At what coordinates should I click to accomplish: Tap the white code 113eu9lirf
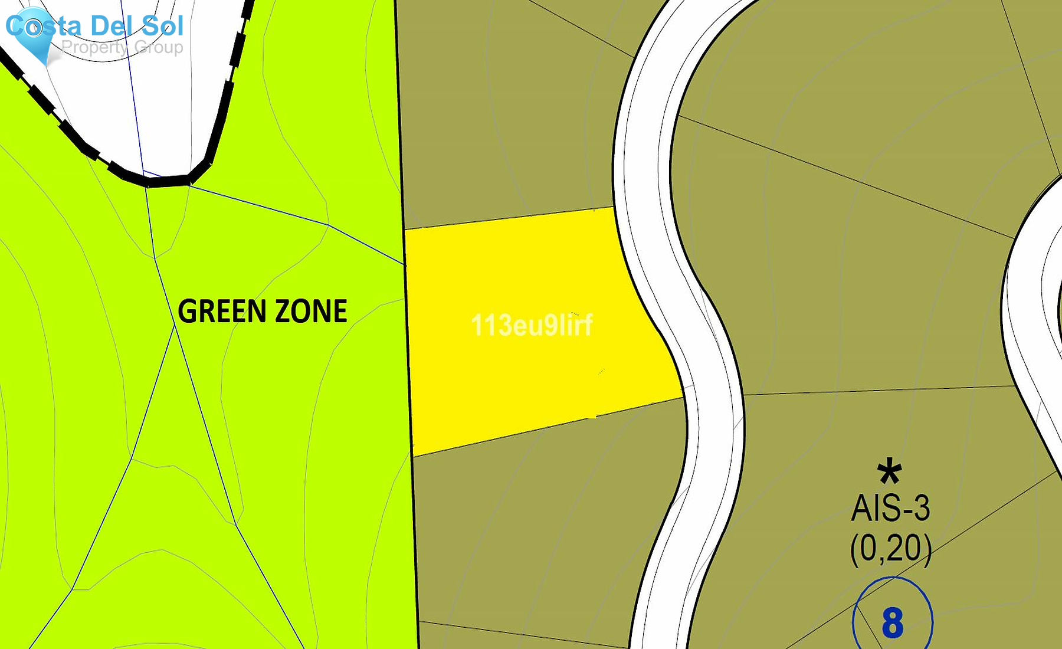coord(532,325)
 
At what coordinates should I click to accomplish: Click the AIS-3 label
coord(890,508)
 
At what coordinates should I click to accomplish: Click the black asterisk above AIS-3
coord(889,473)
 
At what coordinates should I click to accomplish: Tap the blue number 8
coord(893,623)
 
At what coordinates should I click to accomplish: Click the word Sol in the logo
coord(163,26)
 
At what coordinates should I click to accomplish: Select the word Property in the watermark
coord(94,47)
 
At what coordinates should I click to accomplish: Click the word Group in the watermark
coord(159,47)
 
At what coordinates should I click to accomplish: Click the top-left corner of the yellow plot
coord(405,229)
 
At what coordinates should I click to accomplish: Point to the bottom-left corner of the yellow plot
coord(412,456)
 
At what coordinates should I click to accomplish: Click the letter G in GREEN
coord(188,312)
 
